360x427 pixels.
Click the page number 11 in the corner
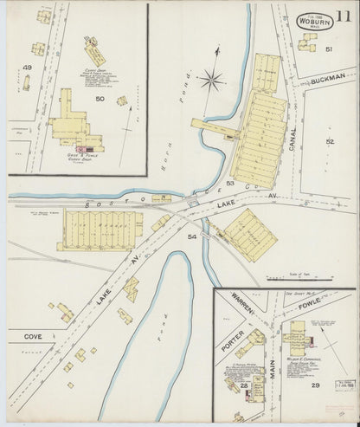coord(344,15)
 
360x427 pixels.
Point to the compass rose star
coord(210,82)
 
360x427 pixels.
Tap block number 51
coord(329,49)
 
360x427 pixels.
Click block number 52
coord(329,140)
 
